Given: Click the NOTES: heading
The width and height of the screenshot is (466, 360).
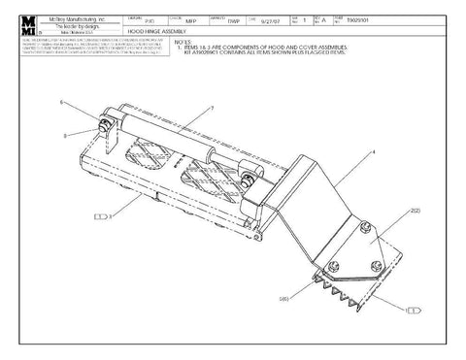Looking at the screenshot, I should (x=181, y=42).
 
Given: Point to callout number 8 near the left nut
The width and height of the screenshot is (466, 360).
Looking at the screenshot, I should (x=65, y=137).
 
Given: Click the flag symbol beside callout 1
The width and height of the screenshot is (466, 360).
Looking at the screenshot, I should (x=414, y=310).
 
